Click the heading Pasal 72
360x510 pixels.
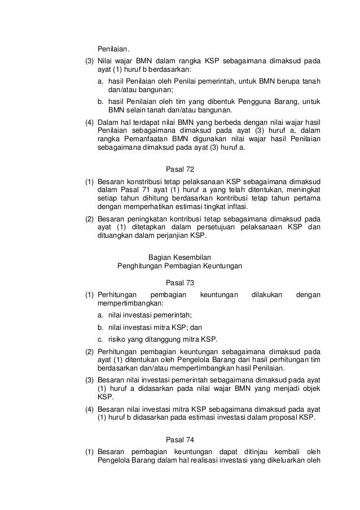(x=180, y=169)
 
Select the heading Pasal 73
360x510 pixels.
(x=180, y=282)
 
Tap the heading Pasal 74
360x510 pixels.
(x=180, y=439)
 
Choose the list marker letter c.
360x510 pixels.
(x=99, y=339)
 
